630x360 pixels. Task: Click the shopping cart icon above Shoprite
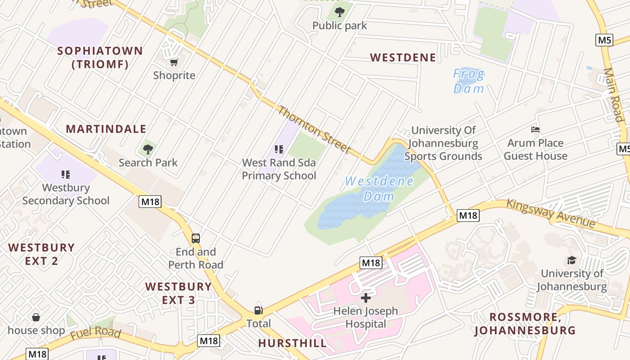[174, 62]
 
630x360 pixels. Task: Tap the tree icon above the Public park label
[340, 12]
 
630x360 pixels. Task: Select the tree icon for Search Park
[148, 149]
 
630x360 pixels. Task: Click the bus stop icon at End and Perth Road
[196, 238]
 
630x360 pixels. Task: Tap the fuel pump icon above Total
[258, 310]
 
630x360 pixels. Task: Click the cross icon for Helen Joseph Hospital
[366, 297]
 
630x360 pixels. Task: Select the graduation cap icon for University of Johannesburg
[571, 260]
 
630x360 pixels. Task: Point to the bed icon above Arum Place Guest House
[535, 130]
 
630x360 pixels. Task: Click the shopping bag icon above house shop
[36, 317]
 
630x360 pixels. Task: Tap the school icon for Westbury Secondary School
[66, 174]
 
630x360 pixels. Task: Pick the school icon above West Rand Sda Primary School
[279, 149]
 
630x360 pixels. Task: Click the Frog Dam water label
[468, 81]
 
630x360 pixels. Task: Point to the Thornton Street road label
[314, 129]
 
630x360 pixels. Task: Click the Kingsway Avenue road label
[551, 213]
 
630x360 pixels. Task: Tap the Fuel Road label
[95, 334]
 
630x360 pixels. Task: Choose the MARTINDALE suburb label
[106, 129]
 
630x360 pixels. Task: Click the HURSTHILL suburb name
[292, 343]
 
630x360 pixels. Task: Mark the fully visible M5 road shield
[605, 40]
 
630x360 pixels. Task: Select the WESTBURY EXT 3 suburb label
[178, 293]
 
